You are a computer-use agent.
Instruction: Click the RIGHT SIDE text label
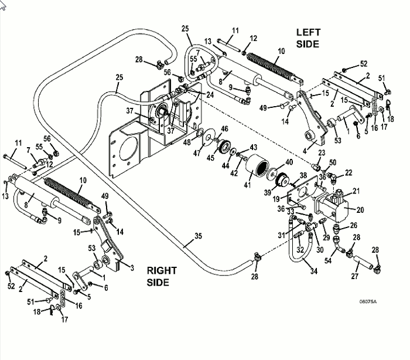pos(162,276)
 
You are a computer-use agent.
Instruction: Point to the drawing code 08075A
pos(368,302)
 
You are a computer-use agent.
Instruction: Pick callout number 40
pos(288,162)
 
